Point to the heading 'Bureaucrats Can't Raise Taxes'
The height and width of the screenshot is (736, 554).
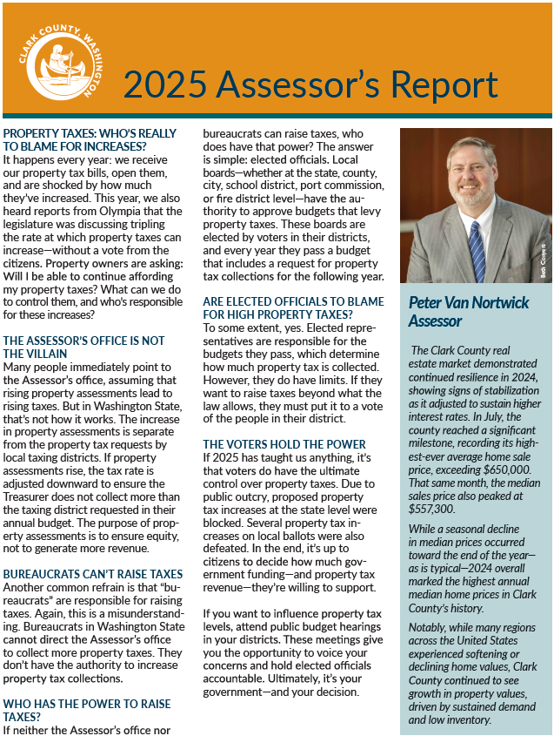click(x=93, y=574)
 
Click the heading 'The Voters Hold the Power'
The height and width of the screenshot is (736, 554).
click(x=284, y=443)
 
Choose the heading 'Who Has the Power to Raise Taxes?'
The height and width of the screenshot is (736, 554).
click(x=87, y=710)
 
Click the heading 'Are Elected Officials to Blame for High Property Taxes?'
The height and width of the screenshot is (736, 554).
click(x=293, y=307)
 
